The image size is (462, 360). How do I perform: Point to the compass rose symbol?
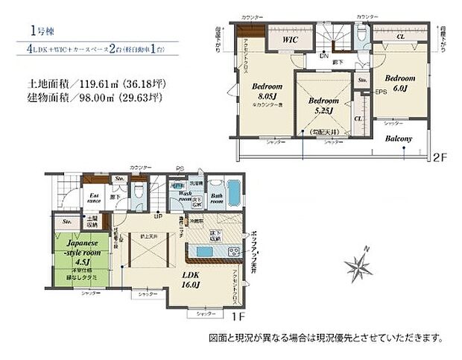[x=358, y=265]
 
